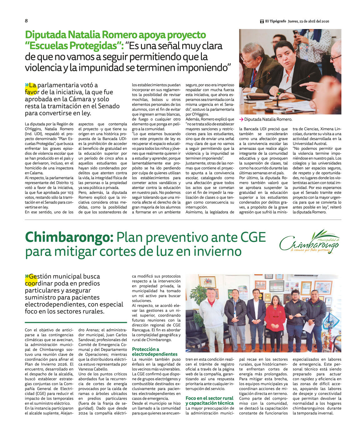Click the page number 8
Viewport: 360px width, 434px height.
(26, 21)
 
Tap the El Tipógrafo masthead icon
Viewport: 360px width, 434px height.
(262, 22)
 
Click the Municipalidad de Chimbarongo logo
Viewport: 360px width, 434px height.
(309, 242)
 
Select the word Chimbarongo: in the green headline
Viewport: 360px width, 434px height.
(69, 237)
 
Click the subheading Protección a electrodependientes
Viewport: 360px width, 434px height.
(154, 352)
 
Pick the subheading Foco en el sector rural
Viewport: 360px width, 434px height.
(209, 398)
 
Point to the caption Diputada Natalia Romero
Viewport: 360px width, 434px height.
(268, 119)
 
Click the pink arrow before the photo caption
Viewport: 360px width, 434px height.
(241, 119)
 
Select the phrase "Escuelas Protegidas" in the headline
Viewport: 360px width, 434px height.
(73, 46)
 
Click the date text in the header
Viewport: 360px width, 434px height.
(308, 22)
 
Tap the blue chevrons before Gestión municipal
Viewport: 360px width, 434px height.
(27, 276)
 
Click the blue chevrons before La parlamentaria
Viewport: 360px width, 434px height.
(27, 85)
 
